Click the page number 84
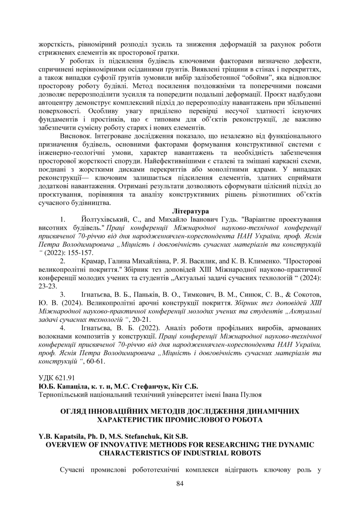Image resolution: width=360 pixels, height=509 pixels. click(x=180, y=483)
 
